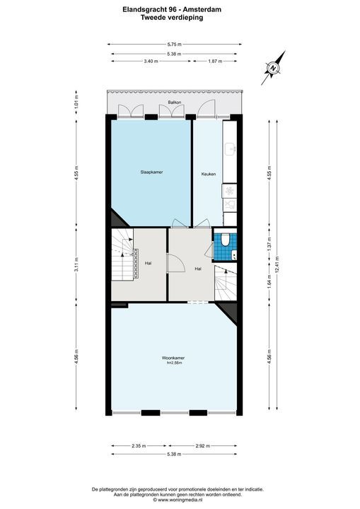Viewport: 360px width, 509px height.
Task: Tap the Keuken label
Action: click(x=208, y=174)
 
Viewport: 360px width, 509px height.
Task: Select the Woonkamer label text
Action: click(x=173, y=358)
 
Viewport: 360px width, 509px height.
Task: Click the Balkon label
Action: click(x=175, y=103)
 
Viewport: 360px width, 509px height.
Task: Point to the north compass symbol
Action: click(x=273, y=66)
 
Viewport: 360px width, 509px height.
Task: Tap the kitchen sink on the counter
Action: click(x=231, y=149)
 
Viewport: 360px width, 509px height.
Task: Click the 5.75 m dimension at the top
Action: click(x=174, y=44)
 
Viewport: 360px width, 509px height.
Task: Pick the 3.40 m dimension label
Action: click(x=150, y=62)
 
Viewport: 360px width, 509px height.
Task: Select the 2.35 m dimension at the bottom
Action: click(x=139, y=446)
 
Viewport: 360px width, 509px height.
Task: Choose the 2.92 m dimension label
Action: click(x=204, y=446)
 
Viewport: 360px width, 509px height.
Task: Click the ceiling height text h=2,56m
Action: click(x=175, y=364)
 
